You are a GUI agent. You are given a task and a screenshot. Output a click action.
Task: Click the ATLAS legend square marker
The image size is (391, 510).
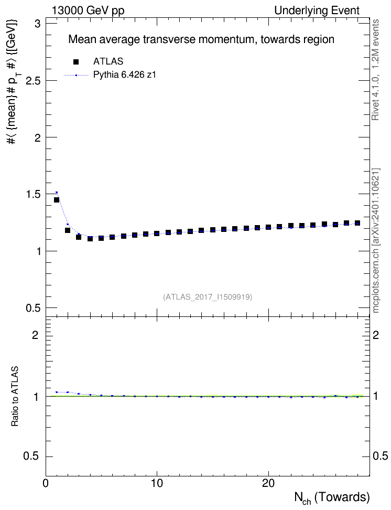click(x=76, y=62)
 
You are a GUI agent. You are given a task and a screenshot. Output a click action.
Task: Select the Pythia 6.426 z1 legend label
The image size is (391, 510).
click(x=125, y=75)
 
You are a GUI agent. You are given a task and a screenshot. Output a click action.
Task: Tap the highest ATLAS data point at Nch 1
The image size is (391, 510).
click(x=57, y=200)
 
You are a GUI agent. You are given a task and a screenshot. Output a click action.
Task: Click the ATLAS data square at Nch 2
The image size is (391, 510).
click(x=68, y=230)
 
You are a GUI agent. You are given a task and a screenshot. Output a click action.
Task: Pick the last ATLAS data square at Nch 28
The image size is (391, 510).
click(x=357, y=223)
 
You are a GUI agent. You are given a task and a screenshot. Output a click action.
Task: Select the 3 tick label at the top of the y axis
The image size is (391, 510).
click(x=38, y=24)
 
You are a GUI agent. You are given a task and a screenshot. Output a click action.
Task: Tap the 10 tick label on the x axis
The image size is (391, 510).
click(x=157, y=483)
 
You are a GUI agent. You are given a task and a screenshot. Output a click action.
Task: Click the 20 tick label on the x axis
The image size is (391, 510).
click(x=268, y=483)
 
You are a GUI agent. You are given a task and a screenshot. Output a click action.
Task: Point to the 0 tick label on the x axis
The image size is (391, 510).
click(x=46, y=483)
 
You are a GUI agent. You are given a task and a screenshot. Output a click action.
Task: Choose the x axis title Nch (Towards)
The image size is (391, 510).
click(x=332, y=498)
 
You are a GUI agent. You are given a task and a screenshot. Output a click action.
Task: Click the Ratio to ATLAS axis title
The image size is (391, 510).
click(x=15, y=397)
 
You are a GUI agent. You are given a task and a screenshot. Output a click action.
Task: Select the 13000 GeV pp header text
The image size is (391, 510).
click(x=88, y=10)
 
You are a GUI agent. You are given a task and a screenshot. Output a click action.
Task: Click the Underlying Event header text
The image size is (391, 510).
click(x=317, y=10)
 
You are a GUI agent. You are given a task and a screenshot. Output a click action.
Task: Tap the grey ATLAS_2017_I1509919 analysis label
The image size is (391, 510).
click(x=208, y=297)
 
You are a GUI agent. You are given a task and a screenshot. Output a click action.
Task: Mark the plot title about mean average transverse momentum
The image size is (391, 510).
click(x=201, y=40)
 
